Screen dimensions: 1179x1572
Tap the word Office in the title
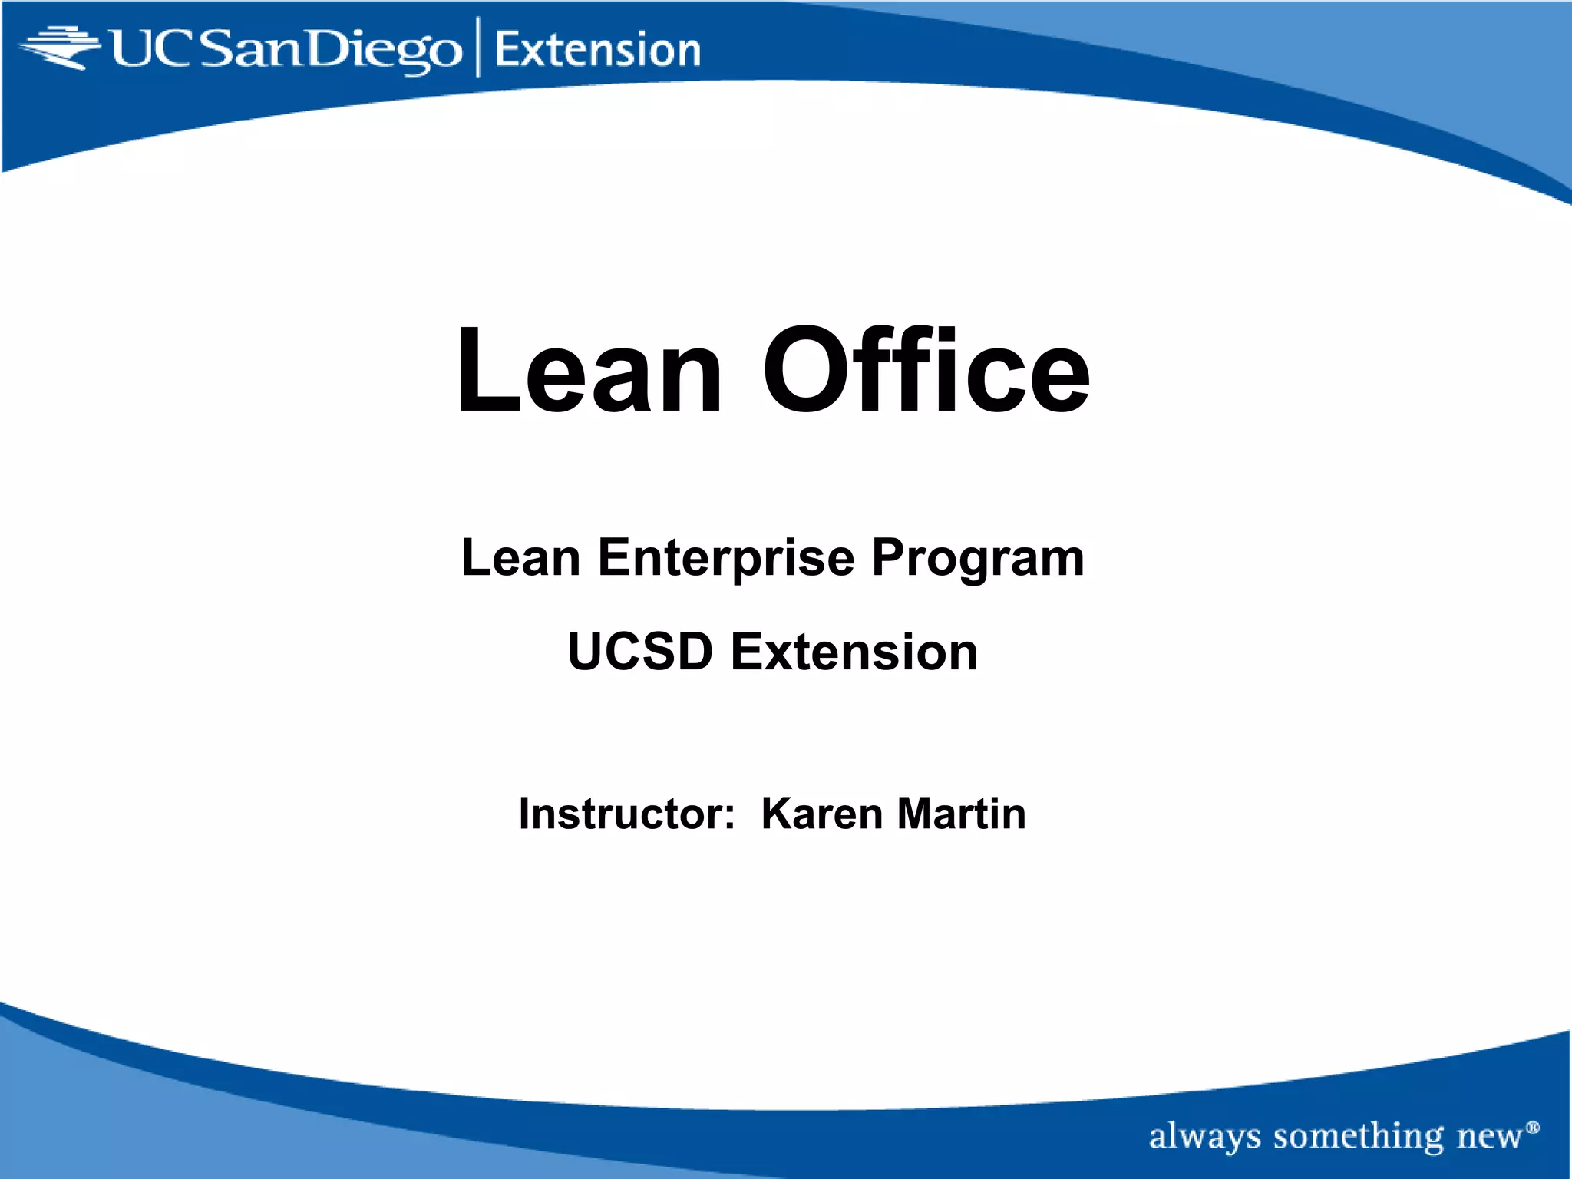(926, 372)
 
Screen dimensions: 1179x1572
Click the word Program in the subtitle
(978, 559)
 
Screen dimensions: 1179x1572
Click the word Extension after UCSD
(854, 652)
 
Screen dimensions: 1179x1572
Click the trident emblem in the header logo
(60, 48)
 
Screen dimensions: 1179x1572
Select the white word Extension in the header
(597, 51)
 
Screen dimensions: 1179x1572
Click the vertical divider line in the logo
(479, 48)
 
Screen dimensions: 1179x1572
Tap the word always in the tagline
(1204, 1137)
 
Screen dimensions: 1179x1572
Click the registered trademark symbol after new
(1533, 1127)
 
